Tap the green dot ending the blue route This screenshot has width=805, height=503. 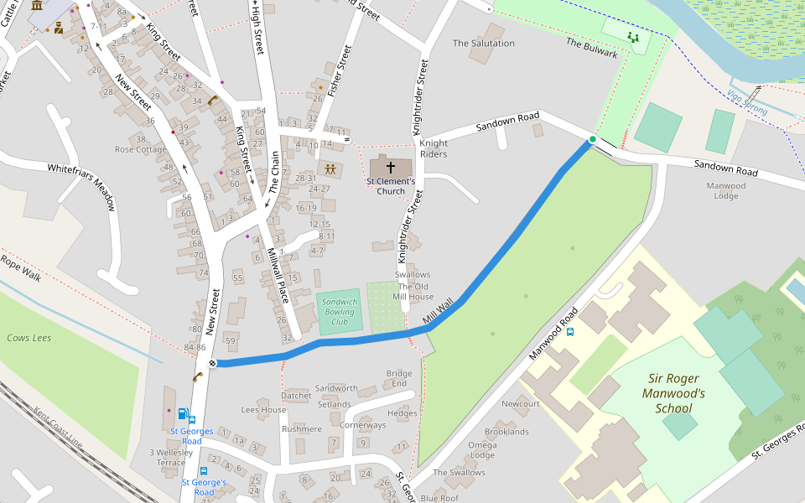tap(592, 139)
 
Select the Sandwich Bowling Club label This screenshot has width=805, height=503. tap(339, 311)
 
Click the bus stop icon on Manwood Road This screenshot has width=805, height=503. tap(570, 331)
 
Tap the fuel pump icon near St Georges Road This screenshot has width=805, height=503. tap(182, 413)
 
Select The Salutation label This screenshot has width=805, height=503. tap(483, 43)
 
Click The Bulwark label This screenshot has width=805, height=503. tap(591, 48)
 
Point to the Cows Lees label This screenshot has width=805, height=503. tap(29, 338)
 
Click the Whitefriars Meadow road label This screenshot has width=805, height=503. tap(80, 186)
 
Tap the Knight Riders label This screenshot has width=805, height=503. tap(434, 148)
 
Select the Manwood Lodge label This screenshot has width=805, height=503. tap(725, 191)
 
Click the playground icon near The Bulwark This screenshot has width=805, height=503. tap(633, 37)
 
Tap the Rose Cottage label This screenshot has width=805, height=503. tap(141, 149)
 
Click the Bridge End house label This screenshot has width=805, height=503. tap(399, 378)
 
